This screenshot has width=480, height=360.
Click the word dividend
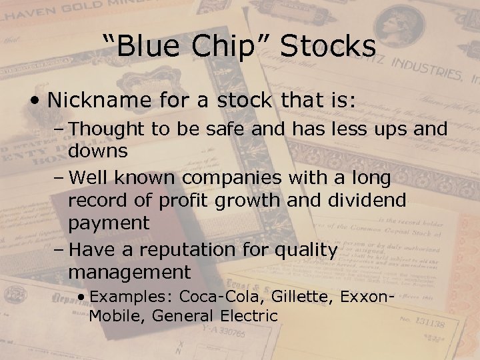point(369,201)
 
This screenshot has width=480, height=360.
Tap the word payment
point(109,223)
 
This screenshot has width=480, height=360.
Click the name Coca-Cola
point(217,295)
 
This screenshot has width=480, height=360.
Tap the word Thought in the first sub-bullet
point(107,129)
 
